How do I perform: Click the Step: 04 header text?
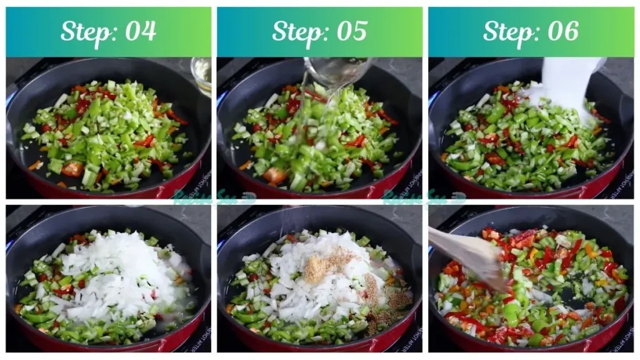pos(108,31)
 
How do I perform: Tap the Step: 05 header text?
pos(319,31)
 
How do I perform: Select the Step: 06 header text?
pos(531,31)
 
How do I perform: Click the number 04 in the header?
pos(140,31)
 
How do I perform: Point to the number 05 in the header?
pos(351,31)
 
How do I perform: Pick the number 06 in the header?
pos(562,31)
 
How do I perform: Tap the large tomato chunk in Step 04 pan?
pos(72,169)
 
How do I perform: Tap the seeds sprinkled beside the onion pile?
pos(397,300)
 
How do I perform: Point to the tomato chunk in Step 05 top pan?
pos(275,176)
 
